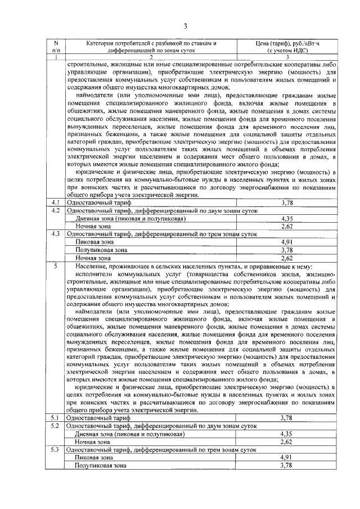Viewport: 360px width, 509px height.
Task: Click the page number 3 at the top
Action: pyautogui.click(x=184, y=25)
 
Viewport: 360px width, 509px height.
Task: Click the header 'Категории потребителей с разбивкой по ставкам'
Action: pyautogui.click(x=151, y=43)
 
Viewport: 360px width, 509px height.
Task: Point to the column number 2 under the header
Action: pyautogui.click(x=151, y=57)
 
